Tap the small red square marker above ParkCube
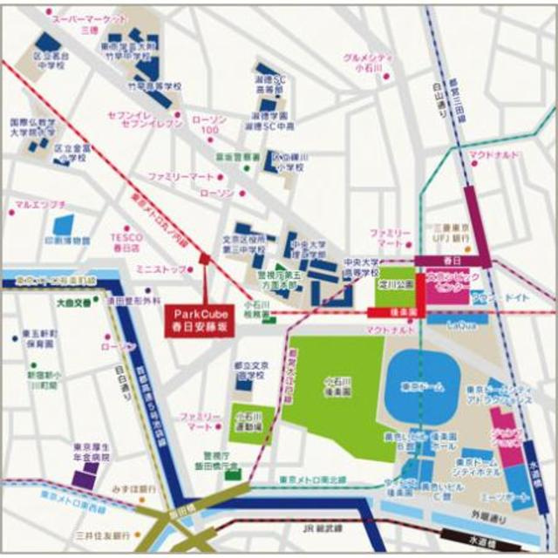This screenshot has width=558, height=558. pos(204,257)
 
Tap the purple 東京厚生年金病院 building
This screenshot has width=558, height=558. pos(85,476)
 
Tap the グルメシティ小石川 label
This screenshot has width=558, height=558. pos(371,63)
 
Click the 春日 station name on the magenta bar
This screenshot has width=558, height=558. pos(451,260)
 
